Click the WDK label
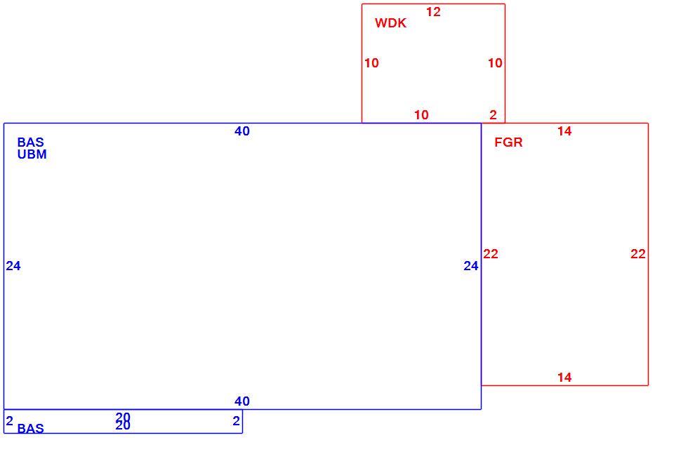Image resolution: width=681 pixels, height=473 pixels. pos(390,23)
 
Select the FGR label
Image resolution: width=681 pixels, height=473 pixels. pos(508,142)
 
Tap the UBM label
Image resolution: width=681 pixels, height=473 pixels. pos(32,154)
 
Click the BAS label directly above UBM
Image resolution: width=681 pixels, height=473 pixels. pos(30,142)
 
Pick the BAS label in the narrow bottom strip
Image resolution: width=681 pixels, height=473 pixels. pos(30,429)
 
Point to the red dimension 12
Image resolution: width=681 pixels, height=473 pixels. pos(433,12)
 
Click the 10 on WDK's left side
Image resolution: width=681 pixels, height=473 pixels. pos(371,63)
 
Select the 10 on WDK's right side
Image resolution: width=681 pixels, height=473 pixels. pos(495,63)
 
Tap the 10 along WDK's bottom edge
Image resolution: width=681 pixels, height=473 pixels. pos(421,115)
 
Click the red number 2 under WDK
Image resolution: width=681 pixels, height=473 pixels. pos(493,115)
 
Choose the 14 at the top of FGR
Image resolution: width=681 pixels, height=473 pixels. pos(564,131)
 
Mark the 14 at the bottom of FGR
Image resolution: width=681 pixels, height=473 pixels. pos(564,378)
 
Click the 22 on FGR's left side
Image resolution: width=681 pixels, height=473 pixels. pos(491,254)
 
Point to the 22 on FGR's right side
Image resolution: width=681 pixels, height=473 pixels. pos(638,254)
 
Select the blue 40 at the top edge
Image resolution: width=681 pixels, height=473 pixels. pos(242,131)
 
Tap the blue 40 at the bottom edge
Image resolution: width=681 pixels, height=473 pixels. pos(242,401)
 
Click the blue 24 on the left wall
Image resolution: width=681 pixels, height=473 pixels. pos(13,266)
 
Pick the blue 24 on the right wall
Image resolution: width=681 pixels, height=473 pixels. pos(471,266)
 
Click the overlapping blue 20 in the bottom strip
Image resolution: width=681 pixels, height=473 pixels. pos(123,421)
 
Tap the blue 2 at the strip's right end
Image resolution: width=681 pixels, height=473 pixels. pos(237,421)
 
